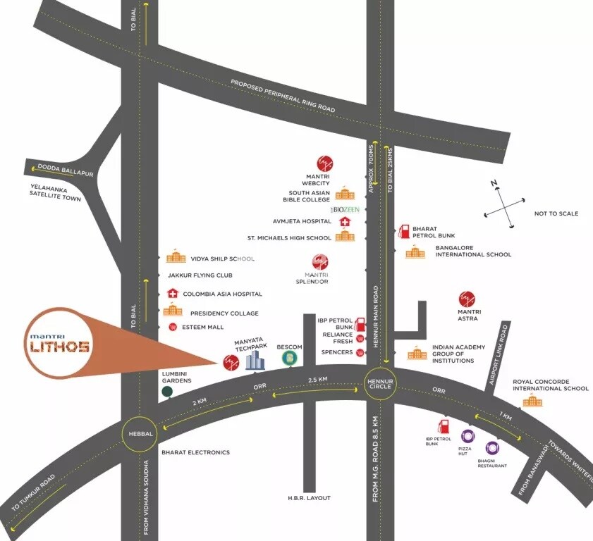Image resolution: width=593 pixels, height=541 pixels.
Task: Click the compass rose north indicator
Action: click(x=496, y=185)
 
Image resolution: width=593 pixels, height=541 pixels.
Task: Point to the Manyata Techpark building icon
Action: click(x=255, y=361)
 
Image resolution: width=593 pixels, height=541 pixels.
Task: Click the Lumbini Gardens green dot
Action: click(x=167, y=392)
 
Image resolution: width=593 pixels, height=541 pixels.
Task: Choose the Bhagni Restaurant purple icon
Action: click(x=491, y=447)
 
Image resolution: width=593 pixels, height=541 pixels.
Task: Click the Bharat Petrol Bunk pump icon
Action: click(x=404, y=231)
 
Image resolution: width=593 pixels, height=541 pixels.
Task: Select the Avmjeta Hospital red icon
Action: click(x=345, y=221)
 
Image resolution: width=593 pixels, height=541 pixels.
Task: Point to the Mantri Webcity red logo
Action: click(x=325, y=163)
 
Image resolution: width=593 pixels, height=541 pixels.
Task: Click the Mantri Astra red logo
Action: click(x=467, y=299)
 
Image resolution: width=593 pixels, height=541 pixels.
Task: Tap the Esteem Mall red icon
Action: click(x=173, y=327)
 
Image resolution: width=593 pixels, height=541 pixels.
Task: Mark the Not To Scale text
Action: click(x=556, y=213)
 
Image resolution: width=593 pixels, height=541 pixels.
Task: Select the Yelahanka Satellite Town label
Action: click(x=56, y=193)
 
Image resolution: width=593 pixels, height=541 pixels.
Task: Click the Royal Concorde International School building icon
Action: click(x=531, y=402)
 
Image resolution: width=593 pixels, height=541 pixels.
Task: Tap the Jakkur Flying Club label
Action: click(x=200, y=275)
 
